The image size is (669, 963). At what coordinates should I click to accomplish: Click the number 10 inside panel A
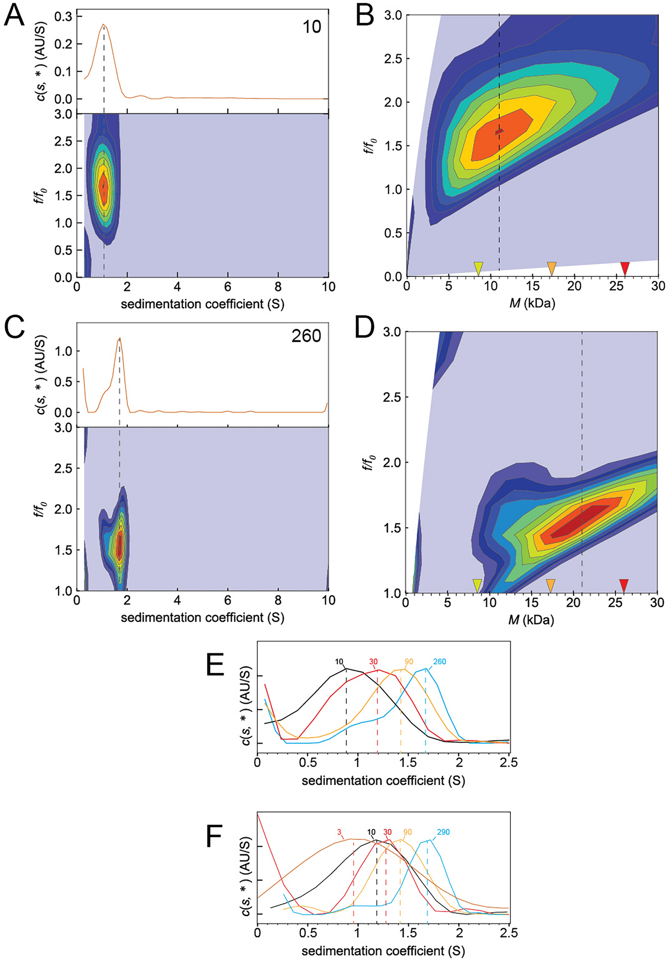tap(311, 27)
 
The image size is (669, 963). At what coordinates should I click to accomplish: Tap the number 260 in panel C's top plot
tap(306, 336)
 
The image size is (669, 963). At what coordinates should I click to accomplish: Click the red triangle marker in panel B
tap(625, 268)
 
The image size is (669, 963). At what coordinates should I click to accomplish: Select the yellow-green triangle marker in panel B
tap(478, 268)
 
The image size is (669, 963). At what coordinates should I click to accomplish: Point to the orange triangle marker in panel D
tap(550, 585)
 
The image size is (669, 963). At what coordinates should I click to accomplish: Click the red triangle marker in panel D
tap(624, 585)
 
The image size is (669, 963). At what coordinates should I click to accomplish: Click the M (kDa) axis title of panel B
tap(532, 304)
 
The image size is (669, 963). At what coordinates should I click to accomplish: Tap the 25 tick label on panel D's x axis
tap(615, 603)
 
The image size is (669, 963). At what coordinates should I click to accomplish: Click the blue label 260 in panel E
tap(439, 662)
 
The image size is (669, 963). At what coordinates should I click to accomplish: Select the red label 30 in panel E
tap(373, 662)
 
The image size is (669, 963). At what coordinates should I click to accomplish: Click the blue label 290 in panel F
tap(443, 832)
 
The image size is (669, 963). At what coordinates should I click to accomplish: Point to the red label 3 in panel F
tap(339, 832)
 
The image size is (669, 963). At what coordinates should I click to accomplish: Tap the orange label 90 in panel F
tap(407, 832)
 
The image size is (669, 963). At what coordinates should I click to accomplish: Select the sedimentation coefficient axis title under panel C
tap(202, 618)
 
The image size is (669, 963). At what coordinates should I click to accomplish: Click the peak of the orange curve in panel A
tap(104, 24)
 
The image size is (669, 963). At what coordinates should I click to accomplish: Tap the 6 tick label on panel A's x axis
tap(228, 287)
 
